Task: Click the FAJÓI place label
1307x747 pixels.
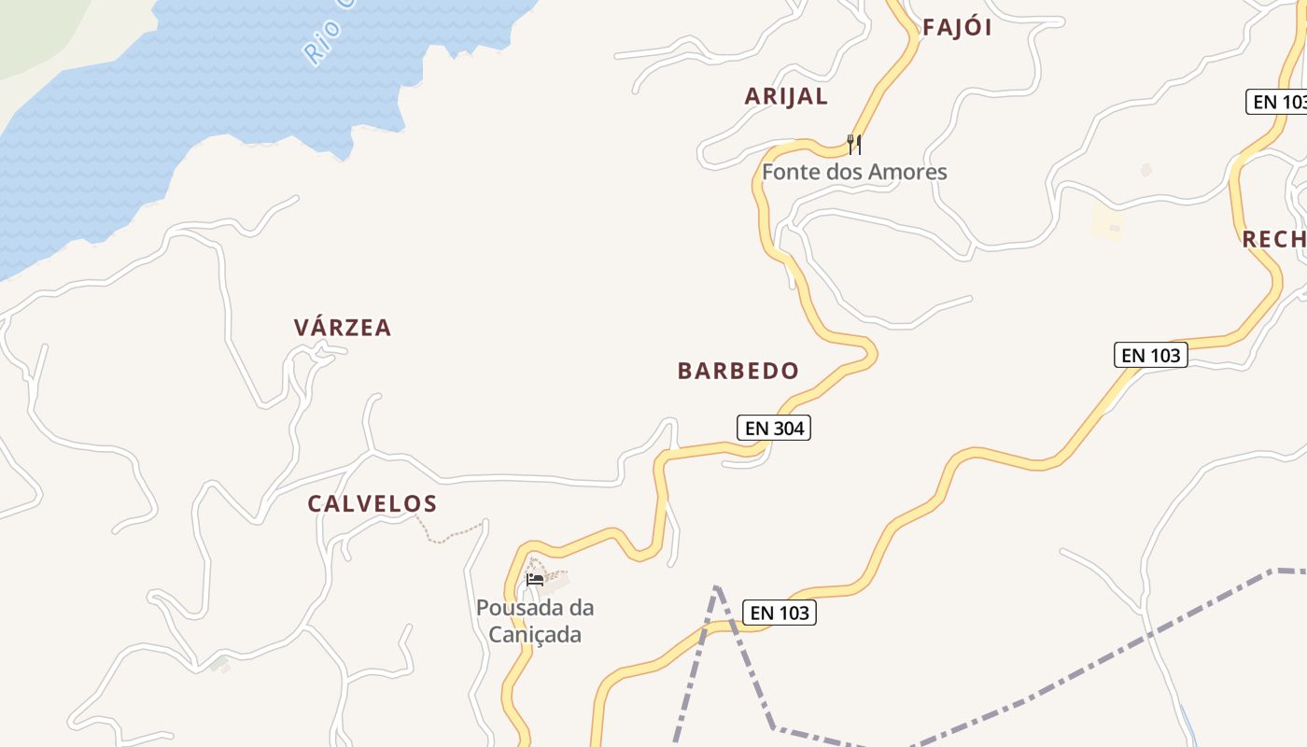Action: (957, 28)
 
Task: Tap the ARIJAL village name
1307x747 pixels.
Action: (786, 96)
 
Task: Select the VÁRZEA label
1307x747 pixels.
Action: (343, 328)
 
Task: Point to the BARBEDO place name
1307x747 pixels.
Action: (738, 371)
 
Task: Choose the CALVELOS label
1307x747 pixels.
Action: (372, 504)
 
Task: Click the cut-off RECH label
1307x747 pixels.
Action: (1273, 239)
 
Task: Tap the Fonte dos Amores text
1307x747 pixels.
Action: (854, 172)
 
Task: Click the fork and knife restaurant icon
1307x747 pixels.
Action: (853, 144)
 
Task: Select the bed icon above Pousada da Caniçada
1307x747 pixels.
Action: (535, 579)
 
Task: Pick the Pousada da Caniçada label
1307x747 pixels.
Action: (535, 621)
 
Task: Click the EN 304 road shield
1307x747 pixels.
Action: (773, 428)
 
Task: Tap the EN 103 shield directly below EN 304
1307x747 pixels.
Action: (780, 613)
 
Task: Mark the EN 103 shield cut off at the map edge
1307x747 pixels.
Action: (1277, 101)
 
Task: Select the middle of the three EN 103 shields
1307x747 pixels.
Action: (1150, 355)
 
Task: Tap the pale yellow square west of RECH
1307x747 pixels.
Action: (1107, 223)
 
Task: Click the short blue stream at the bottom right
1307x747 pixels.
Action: (1188, 724)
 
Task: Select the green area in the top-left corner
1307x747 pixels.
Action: (37, 28)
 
